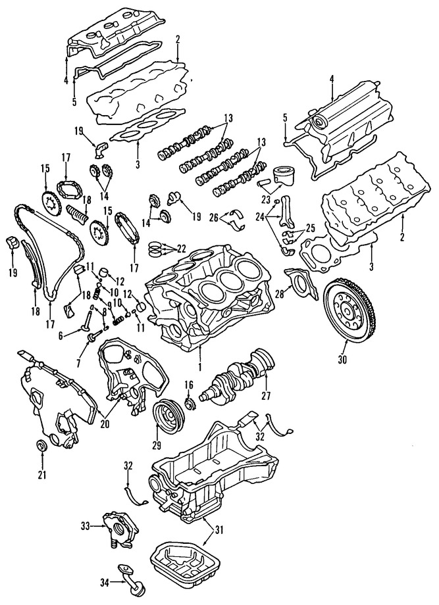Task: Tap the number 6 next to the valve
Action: coord(61,335)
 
